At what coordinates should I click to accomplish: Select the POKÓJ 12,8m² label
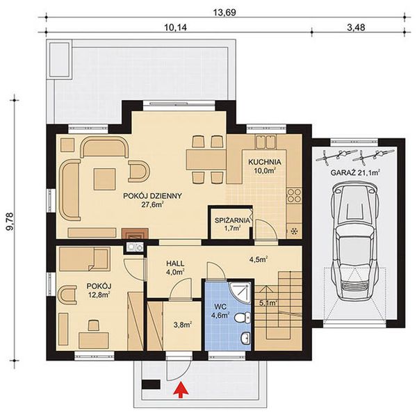click(97, 291)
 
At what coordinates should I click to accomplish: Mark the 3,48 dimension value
click(355, 28)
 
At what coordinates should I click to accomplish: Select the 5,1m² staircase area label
click(268, 302)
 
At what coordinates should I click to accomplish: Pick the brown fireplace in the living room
click(132, 234)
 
